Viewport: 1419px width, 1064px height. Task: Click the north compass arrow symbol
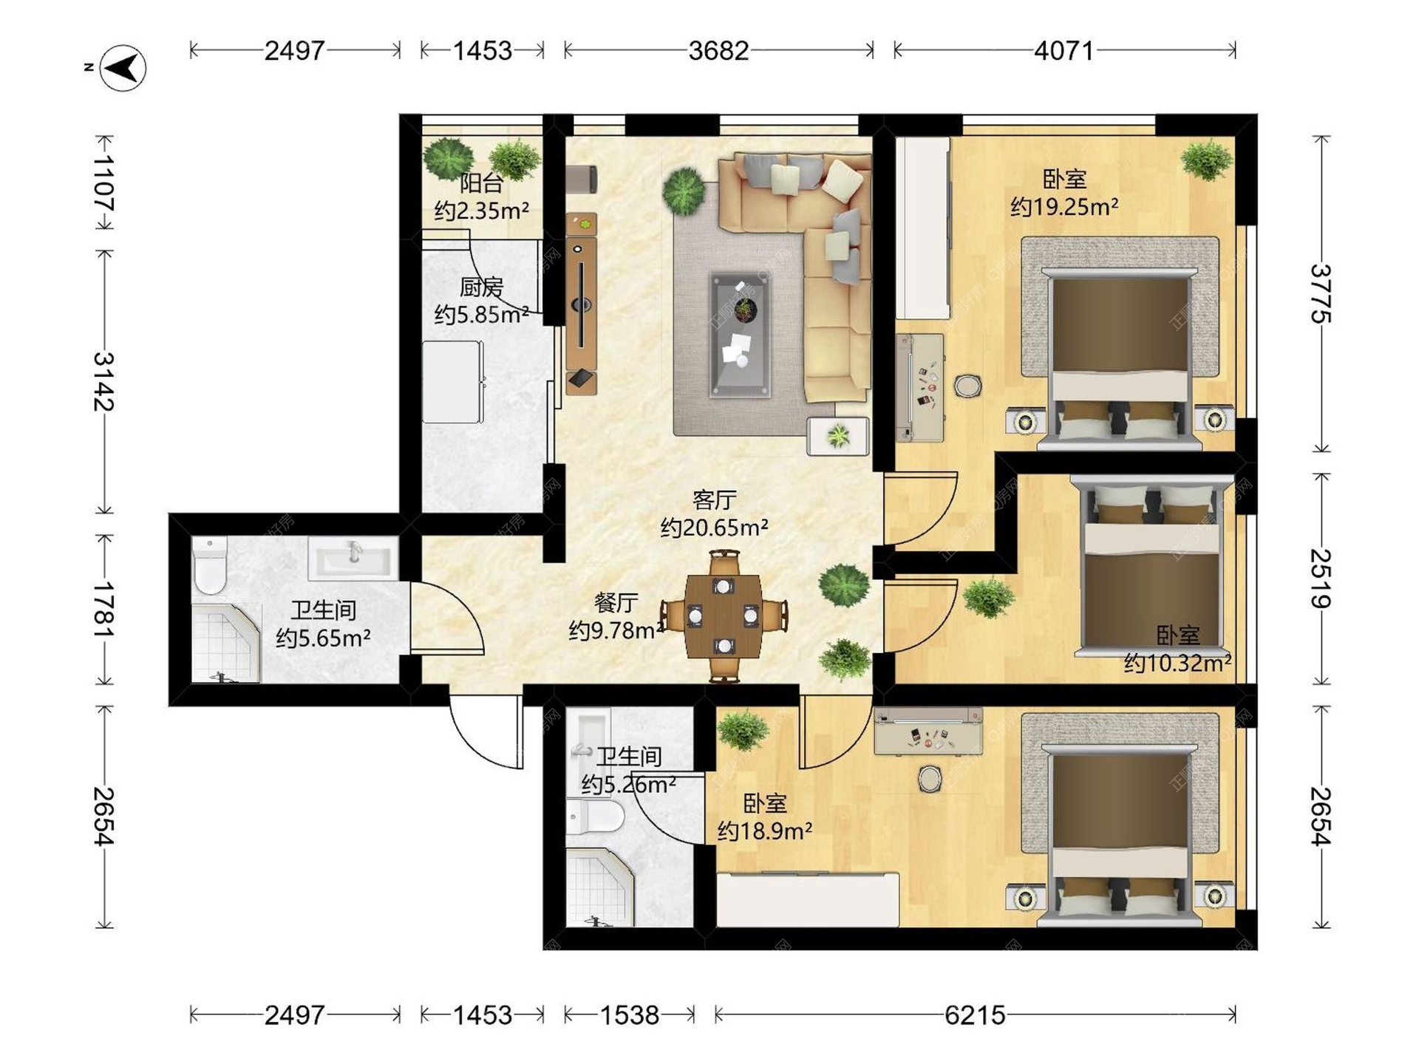point(123,68)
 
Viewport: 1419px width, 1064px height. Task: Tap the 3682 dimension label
point(718,50)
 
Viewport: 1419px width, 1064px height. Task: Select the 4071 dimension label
point(1064,50)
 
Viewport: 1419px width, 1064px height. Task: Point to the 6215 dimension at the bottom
point(975,1015)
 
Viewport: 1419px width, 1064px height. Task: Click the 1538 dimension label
point(629,1015)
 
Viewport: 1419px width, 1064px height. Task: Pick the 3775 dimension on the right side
point(1321,293)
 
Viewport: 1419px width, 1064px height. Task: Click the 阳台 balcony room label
point(481,183)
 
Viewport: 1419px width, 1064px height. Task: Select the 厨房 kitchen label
point(481,287)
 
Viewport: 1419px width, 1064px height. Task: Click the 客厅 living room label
point(714,500)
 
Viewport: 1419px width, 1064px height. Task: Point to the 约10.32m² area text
point(1177,663)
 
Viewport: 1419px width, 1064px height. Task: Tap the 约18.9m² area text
point(765,831)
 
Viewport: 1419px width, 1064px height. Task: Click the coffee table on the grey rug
point(739,334)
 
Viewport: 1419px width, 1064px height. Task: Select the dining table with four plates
point(723,615)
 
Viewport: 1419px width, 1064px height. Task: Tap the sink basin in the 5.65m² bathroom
point(353,557)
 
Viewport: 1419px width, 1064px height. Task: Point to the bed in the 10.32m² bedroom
point(1151,567)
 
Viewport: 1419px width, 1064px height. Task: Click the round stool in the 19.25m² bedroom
point(967,386)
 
